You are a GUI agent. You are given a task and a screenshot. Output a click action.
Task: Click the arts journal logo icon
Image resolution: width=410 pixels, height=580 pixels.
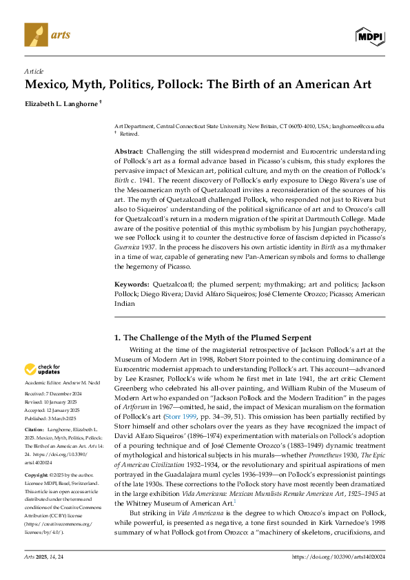34,32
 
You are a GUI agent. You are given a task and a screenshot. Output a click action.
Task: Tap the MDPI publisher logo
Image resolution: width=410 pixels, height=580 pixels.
371,36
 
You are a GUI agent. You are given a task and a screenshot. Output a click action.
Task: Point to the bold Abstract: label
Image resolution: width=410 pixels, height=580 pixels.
128,151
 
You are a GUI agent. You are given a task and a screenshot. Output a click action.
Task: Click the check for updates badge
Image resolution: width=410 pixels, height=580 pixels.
43,370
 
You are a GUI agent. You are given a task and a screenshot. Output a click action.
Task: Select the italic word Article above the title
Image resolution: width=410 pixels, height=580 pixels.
34,71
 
